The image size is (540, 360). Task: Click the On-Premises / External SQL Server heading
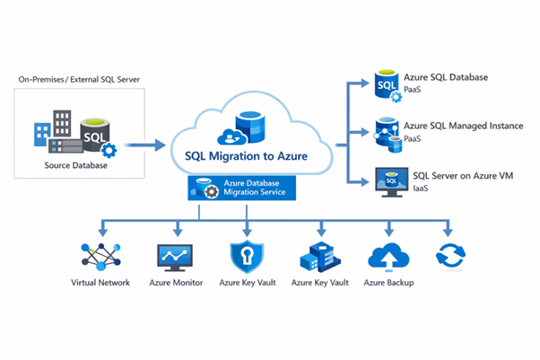coord(78,80)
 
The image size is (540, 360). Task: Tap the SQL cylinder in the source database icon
coord(96,136)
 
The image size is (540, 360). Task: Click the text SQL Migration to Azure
coord(246,156)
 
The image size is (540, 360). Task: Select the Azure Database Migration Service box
coord(246,189)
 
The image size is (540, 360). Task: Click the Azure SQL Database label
coord(445,77)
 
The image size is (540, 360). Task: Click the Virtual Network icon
coord(100,256)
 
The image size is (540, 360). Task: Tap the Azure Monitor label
coord(174,283)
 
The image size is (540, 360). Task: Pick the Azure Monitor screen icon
coord(174,256)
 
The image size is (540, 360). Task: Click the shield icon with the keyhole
coord(247,256)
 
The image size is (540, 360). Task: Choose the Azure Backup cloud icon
coord(388,256)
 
